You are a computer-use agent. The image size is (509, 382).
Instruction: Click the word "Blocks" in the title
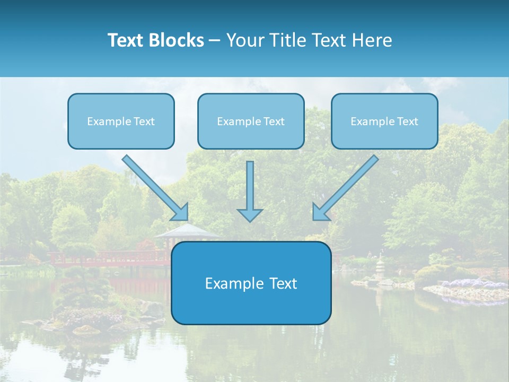coord(177,40)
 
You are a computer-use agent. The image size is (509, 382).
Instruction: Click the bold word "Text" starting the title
coord(127,40)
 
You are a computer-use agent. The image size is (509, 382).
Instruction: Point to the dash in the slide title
coord(215,41)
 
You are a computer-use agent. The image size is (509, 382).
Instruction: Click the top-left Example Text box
coord(121,121)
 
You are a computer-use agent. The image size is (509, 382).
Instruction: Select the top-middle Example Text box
coord(251,121)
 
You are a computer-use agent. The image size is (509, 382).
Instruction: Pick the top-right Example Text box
coord(384,121)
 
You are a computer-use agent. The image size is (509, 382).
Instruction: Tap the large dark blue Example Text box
coord(251,283)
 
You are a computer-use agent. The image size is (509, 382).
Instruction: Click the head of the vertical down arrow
coord(250,215)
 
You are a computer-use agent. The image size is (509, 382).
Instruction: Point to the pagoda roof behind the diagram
coord(187,231)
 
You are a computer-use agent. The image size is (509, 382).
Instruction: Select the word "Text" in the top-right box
coord(407,121)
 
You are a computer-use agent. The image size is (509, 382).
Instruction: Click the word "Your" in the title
coord(245,40)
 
